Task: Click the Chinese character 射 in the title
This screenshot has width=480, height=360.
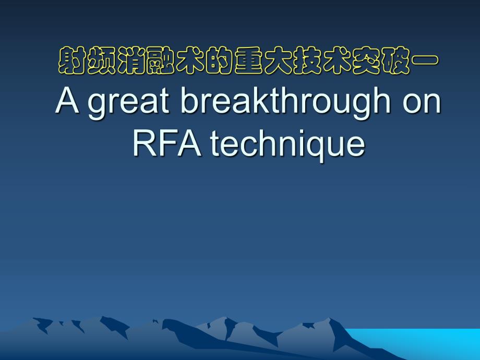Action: tap(72, 61)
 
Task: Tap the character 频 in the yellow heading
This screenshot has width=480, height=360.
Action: tap(101, 61)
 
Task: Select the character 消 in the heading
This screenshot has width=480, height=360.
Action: tap(131, 61)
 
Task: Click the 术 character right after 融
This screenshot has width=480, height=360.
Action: tap(190, 61)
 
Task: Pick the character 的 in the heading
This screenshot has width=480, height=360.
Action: tap(219, 61)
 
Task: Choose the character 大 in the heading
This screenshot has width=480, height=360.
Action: tap(278, 61)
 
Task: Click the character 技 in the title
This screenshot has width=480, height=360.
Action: tap(307, 61)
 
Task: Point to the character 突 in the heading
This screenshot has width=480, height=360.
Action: tap(366, 61)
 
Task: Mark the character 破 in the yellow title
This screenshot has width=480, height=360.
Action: tap(395, 61)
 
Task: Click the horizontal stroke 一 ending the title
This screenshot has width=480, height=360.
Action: tap(425, 61)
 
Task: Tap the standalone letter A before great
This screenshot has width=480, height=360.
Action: tap(67, 100)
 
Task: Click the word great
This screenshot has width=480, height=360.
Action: tap(128, 103)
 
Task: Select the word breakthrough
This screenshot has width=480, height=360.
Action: tap(285, 102)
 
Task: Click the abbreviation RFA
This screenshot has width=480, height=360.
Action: tap(167, 143)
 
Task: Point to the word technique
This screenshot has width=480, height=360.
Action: tap(288, 145)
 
